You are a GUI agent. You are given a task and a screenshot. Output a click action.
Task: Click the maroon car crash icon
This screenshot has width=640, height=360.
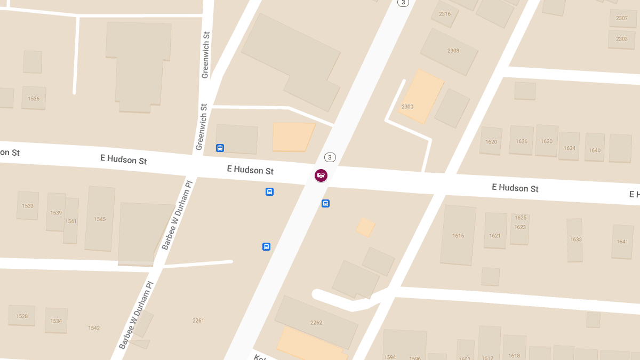(x=321, y=175)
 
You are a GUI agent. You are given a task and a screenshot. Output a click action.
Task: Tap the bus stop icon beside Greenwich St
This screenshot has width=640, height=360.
(x=220, y=148)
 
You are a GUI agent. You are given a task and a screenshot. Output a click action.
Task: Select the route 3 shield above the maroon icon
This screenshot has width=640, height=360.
(x=330, y=157)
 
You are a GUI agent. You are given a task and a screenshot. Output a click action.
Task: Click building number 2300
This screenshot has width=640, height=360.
(x=407, y=107)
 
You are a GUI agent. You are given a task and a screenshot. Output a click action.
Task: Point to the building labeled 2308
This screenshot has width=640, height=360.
(x=453, y=51)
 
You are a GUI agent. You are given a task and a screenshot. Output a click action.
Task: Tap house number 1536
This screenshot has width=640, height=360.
(x=34, y=99)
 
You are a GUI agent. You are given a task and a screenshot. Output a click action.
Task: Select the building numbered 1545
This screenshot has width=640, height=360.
(x=100, y=219)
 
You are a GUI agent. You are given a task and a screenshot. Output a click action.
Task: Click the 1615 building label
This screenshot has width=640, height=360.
(x=458, y=236)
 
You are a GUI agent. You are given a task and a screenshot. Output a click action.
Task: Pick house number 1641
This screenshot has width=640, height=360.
(x=622, y=242)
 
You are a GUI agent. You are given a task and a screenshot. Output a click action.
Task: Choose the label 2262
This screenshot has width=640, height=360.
(x=316, y=323)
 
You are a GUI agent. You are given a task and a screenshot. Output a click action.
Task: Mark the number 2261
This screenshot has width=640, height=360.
(x=198, y=321)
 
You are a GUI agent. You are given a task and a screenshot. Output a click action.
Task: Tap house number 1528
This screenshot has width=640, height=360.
(x=22, y=316)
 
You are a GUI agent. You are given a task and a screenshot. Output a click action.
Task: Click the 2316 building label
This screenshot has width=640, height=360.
(x=445, y=14)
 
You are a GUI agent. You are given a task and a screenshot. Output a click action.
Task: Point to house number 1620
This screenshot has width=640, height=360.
(x=491, y=142)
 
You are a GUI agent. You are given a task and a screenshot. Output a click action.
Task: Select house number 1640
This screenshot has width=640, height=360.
(x=595, y=150)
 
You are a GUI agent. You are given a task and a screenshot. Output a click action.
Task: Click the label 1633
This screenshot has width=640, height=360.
(x=576, y=239)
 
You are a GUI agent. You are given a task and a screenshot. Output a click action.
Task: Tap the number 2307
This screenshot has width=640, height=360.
(x=622, y=18)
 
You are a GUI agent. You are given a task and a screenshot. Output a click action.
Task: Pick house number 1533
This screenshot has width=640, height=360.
(x=28, y=206)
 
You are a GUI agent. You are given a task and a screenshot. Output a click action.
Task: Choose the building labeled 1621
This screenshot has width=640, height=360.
(x=495, y=236)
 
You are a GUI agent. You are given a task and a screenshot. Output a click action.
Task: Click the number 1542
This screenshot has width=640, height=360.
(x=94, y=328)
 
